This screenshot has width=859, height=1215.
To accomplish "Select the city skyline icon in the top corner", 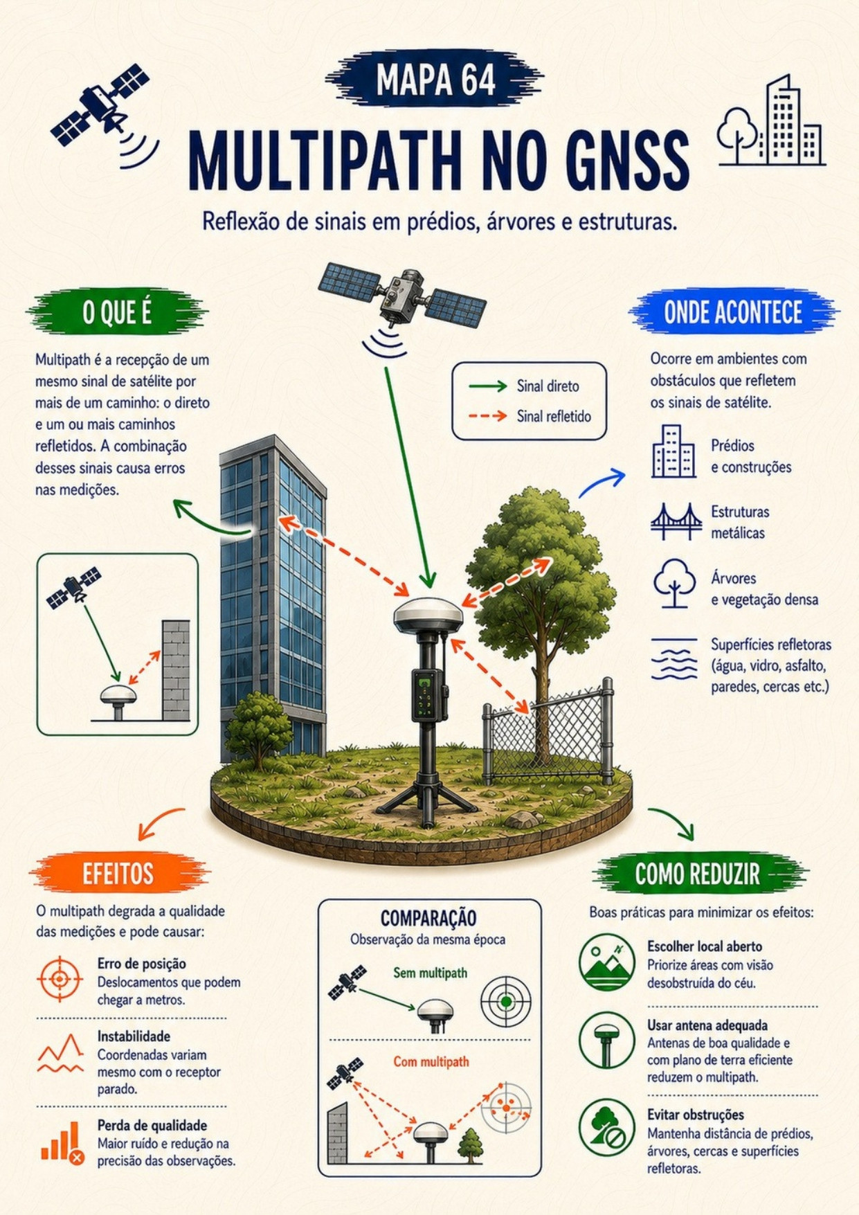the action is (x=772, y=120).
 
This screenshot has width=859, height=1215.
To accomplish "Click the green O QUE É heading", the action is (x=117, y=313).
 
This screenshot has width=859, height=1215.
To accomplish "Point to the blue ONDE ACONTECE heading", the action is (x=733, y=312).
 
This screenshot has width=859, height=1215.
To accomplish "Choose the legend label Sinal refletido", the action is (x=554, y=416).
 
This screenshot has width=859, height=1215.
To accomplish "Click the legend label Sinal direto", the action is (x=548, y=386).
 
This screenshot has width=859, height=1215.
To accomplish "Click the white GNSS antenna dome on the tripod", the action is (x=428, y=615).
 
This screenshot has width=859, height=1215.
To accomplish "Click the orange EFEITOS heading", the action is (x=118, y=874).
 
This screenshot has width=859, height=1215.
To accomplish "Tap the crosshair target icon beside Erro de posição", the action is (x=60, y=979).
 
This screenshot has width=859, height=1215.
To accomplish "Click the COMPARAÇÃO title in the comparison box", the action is (x=428, y=918).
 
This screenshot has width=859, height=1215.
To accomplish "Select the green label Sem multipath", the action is (x=430, y=973).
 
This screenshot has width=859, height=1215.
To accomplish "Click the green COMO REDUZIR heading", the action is (x=698, y=874).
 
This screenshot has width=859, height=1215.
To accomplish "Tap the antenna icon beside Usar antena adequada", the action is (x=606, y=1041).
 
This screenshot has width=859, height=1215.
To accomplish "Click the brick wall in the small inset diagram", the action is (x=176, y=670).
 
